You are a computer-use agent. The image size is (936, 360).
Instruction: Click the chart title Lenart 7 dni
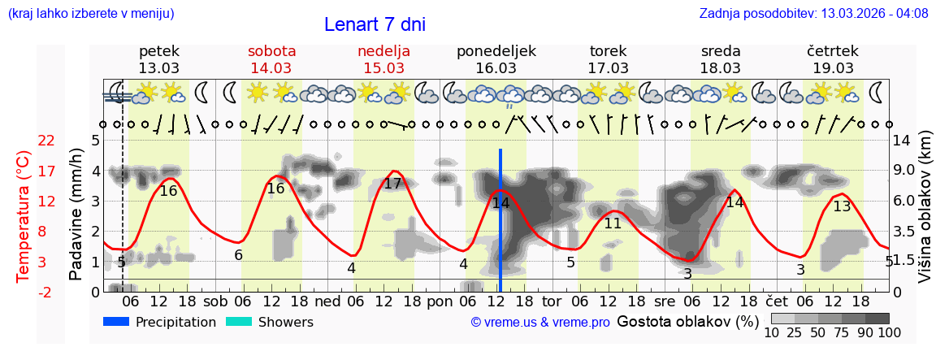(375, 24)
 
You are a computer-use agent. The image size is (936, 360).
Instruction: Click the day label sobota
(271, 51)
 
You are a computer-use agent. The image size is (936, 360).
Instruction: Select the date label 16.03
(496, 68)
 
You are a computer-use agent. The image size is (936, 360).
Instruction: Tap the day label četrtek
(833, 51)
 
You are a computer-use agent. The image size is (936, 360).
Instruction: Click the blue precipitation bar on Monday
(500, 219)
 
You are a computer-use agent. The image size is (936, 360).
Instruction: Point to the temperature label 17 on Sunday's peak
(393, 184)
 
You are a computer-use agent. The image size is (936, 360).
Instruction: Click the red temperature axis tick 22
(46, 141)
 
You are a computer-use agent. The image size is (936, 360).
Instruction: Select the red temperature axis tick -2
(46, 293)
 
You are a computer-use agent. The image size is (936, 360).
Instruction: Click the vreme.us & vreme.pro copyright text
(540, 323)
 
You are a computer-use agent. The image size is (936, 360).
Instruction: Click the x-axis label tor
(552, 301)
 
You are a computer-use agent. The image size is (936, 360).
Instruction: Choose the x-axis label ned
(327, 301)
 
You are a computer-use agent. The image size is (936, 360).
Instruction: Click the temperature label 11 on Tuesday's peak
(613, 223)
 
